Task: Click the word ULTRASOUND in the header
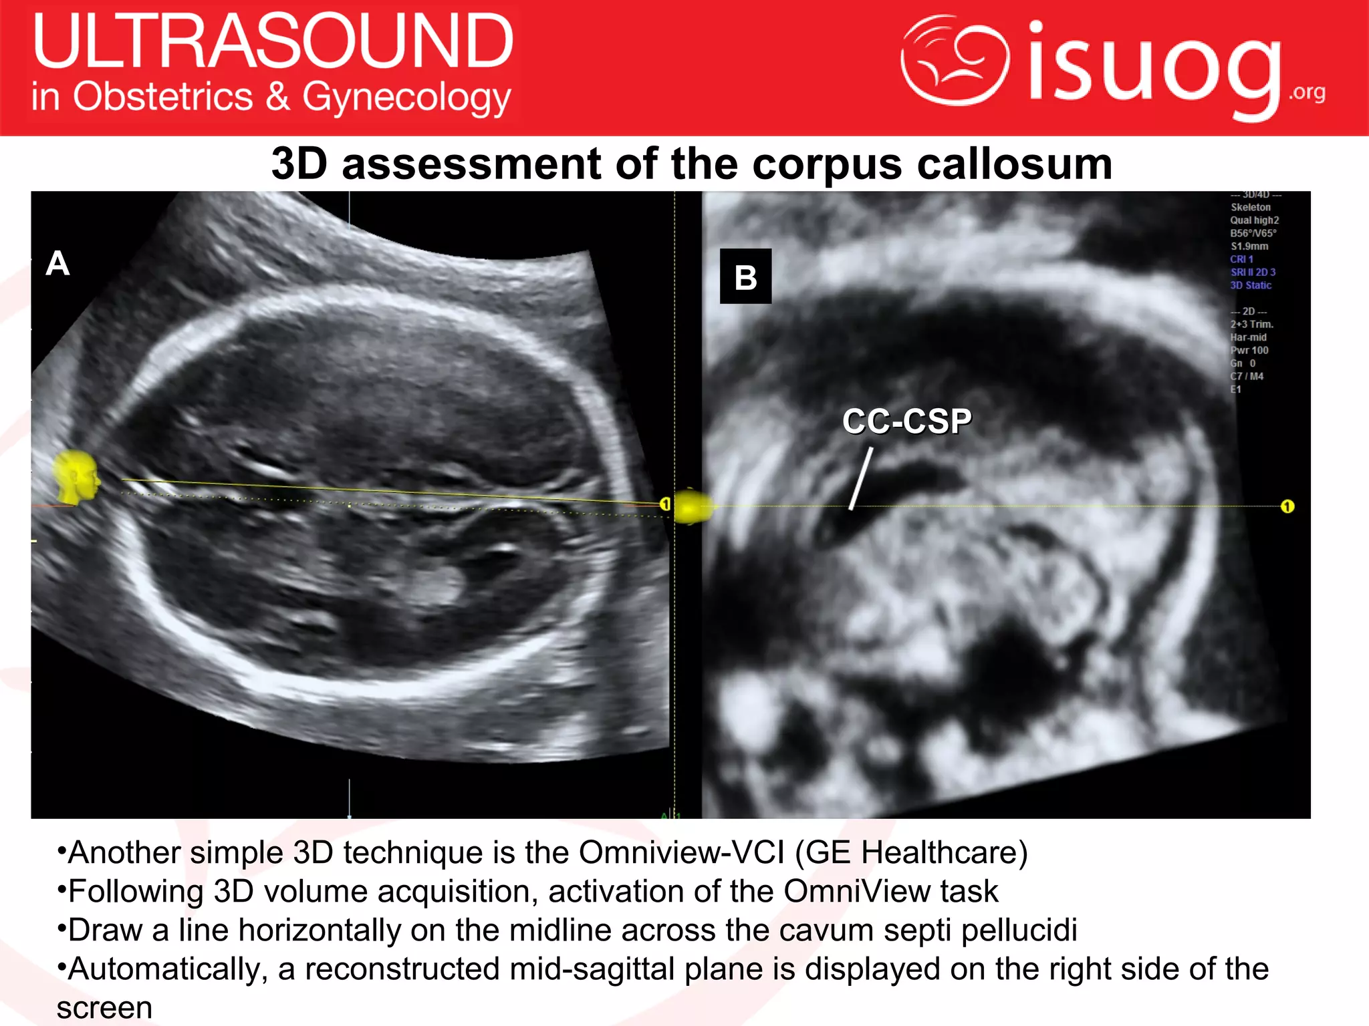(273, 41)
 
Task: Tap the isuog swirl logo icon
(955, 60)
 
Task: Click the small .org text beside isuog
(1307, 92)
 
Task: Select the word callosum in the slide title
(1014, 164)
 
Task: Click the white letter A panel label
(57, 263)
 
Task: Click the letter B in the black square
(745, 277)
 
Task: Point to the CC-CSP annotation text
(906, 421)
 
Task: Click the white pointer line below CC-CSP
(861, 479)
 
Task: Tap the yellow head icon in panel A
(76, 477)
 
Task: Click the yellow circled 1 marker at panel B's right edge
(1287, 506)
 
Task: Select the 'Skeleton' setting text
(1251, 207)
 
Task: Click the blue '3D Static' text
(1251, 285)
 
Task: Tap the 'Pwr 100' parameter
(1249, 350)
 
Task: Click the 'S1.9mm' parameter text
(1249, 246)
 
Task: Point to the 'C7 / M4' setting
(1247, 376)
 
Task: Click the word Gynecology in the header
(406, 98)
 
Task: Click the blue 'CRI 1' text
(1241, 259)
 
